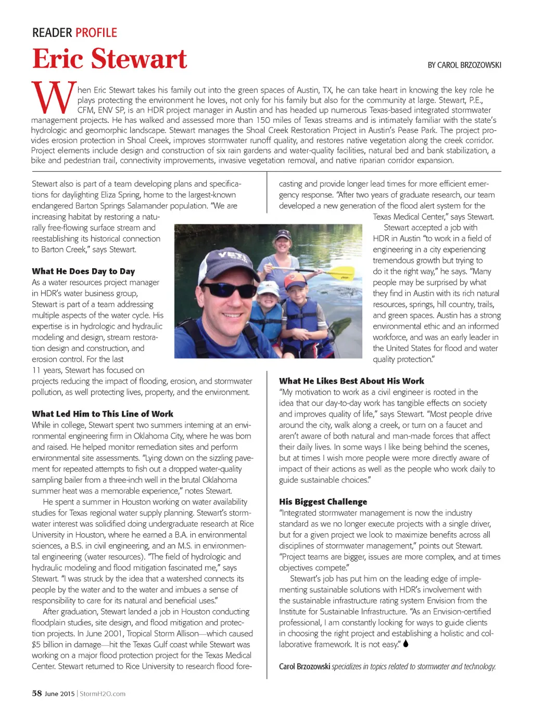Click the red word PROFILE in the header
pyautogui.click(x=96, y=33)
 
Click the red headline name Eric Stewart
pyautogui.click(x=109, y=58)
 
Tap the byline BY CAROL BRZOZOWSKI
pyautogui.click(x=464, y=65)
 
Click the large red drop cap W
pyautogui.click(x=53, y=98)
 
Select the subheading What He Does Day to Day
pyautogui.click(x=83, y=271)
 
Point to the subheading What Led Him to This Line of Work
pyautogui.click(x=103, y=414)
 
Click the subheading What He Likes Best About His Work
pyautogui.click(x=351, y=381)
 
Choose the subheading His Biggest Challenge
pyautogui.click(x=323, y=502)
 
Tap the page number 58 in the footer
pyautogui.click(x=36, y=693)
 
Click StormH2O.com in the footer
pyautogui.click(x=103, y=694)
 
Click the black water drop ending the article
pyautogui.click(x=406, y=644)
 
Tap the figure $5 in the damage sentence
pyautogui.click(x=36, y=645)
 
